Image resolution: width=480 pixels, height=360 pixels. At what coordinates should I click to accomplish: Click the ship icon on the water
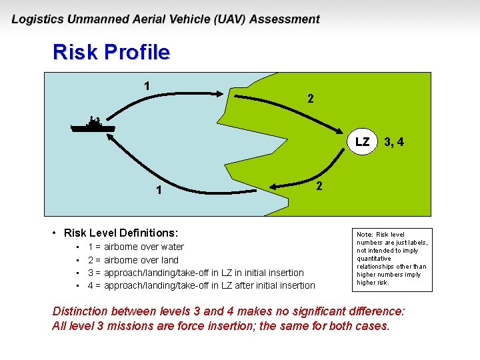click(x=93, y=125)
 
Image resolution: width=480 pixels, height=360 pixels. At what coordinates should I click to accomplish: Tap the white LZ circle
click(x=362, y=142)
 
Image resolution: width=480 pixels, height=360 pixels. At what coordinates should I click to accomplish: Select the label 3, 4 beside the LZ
click(x=393, y=142)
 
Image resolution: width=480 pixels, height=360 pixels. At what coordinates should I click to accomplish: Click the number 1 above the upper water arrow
click(x=147, y=85)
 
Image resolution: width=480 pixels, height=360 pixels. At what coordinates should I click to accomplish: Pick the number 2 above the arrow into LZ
click(x=310, y=99)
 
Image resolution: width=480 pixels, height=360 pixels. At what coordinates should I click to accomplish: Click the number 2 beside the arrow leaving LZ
click(x=319, y=185)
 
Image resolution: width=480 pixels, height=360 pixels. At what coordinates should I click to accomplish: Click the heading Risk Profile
click(x=111, y=52)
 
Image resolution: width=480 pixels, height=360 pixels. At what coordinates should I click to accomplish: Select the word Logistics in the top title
click(x=38, y=19)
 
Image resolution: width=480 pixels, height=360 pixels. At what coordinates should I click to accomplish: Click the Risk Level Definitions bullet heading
click(x=121, y=233)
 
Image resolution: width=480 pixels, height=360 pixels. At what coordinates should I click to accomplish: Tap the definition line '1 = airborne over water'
click(x=136, y=247)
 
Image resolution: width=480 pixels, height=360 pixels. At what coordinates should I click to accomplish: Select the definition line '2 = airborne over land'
click(x=133, y=260)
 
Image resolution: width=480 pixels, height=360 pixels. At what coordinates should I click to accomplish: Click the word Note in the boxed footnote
click(x=364, y=235)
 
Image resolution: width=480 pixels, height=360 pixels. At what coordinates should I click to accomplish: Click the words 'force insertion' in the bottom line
click(x=227, y=326)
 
